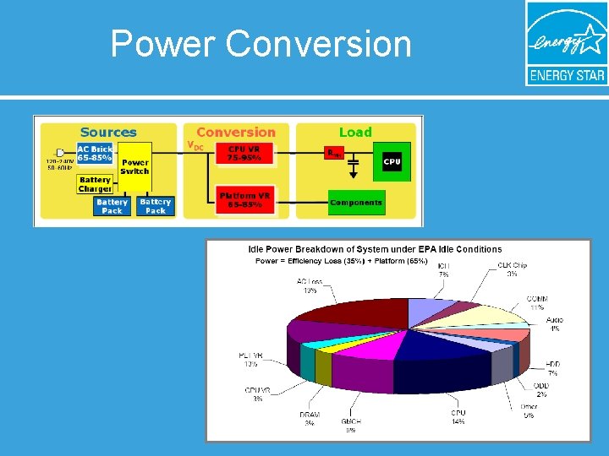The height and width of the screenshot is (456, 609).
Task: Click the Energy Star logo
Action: click(566, 44)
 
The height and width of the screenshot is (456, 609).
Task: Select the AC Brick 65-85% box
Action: click(94, 153)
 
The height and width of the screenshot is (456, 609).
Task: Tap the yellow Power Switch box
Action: click(134, 166)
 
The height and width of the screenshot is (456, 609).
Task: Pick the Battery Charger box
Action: click(95, 184)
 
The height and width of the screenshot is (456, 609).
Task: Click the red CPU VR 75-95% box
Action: click(244, 154)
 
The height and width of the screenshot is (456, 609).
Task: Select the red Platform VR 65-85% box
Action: click(244, 200)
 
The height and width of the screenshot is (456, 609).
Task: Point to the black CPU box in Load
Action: click(392, 161)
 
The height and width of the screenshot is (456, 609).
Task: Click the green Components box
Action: click(355, 203)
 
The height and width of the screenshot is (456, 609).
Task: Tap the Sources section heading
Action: click(107, 132)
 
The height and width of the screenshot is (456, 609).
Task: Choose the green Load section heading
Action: click(355, 132)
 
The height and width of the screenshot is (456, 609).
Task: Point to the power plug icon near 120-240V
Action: click(60, 153)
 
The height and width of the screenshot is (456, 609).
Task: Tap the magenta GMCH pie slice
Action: click(372, 355)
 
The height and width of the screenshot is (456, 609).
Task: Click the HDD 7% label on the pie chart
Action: click(552, 368)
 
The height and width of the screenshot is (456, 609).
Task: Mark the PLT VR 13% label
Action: click(250, 360)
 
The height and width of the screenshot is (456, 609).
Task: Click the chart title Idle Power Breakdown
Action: click(374, 249)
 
